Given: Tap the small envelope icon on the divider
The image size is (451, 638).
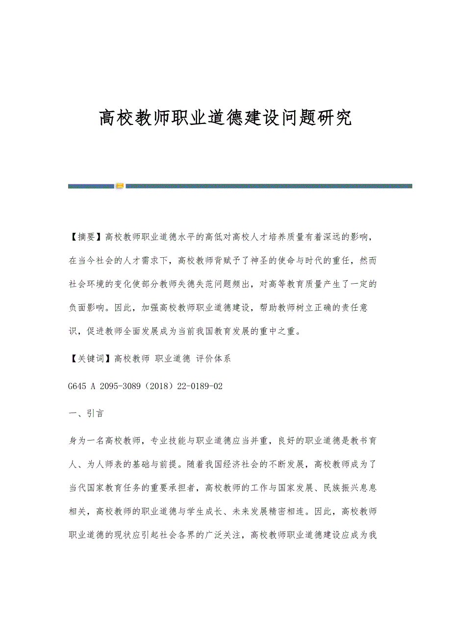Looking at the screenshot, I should pos(120,186).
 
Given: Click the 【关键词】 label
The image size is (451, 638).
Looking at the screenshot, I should pos(91,359).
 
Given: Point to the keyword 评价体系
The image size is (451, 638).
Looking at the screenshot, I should pos(213,359).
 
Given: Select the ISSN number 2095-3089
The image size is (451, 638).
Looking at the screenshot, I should pos(119,386).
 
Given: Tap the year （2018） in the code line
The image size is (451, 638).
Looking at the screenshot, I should pos(161,386).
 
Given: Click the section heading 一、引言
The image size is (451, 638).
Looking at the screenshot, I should pos(86,414).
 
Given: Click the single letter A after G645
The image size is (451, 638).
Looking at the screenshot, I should pos(92,386).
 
